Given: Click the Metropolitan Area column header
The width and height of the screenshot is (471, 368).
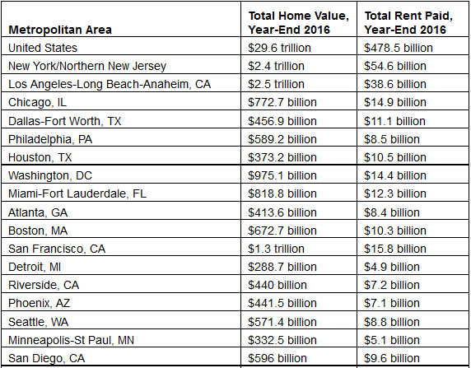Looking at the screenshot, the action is coord(60,30).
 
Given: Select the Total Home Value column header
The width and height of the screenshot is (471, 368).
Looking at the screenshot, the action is coord(299,22).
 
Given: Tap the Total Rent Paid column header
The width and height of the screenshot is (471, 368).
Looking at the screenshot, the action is coord(408,22).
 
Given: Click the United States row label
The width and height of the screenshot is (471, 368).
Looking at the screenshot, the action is coord(43,48).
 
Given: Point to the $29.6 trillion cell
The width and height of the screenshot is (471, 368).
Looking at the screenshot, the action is coord(279,48).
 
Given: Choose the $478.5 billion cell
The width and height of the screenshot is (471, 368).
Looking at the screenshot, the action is coord(399,48).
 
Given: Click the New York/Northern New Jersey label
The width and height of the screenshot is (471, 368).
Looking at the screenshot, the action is coord(87,66).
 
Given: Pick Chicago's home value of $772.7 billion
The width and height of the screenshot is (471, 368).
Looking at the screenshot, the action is coord(282,102).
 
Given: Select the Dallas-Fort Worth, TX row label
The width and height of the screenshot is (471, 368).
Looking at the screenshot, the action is coord(64,121).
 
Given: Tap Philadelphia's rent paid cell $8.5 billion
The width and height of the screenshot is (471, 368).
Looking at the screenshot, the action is coord(392,139).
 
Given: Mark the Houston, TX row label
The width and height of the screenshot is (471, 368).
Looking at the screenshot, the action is coord(40,157).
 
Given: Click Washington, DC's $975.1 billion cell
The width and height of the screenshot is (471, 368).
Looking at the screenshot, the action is coord(282,175).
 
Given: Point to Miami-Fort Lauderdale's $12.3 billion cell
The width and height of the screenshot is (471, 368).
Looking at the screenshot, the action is coord(395,193).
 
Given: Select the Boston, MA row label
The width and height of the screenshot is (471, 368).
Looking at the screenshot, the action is coord(38,231).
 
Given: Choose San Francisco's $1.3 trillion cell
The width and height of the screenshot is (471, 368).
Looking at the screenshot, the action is coord(276,249).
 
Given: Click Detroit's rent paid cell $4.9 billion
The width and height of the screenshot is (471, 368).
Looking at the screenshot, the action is coord(392,267).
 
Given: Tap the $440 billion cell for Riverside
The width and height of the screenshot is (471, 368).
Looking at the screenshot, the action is coord(277,285).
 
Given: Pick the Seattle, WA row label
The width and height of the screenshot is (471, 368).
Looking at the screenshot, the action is coord(39,322).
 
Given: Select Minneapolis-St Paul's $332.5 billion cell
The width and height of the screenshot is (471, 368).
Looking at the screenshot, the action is coord(282,340).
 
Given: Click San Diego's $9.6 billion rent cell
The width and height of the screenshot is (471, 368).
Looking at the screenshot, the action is coord(392,358).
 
